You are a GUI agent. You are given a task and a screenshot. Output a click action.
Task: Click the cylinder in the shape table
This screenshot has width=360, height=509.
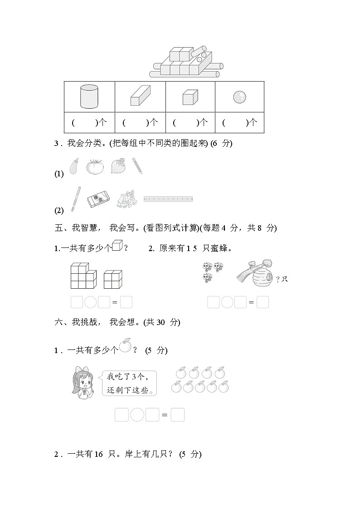click(89, 96)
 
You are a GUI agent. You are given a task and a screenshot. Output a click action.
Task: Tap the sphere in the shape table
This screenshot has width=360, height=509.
click(239, 97)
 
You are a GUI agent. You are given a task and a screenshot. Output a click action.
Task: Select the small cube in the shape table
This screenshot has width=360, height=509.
click(190, 97)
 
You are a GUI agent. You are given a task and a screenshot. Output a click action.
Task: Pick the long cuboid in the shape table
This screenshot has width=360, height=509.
click(140, 95)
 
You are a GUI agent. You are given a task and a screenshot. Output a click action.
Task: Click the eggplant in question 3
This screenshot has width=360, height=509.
click(74, 166)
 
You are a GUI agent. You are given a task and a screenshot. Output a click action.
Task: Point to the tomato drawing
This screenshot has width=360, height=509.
click(95, 166)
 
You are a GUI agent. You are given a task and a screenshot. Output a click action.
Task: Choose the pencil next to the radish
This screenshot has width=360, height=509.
click(137, 166)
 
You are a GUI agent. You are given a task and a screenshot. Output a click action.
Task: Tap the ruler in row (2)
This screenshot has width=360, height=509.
click(168, 199)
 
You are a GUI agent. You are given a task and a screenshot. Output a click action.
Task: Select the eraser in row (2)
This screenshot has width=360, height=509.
click(98, 199)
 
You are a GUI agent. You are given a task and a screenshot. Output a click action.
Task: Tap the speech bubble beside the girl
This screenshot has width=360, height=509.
click(130, 383)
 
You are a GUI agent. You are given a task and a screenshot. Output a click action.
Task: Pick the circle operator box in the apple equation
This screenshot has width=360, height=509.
click(137, 415)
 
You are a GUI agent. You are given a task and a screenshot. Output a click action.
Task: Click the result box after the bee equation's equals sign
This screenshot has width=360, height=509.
click(263, 302)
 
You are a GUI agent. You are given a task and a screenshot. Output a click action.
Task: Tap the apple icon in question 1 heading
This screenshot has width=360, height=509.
click(125, 346)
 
